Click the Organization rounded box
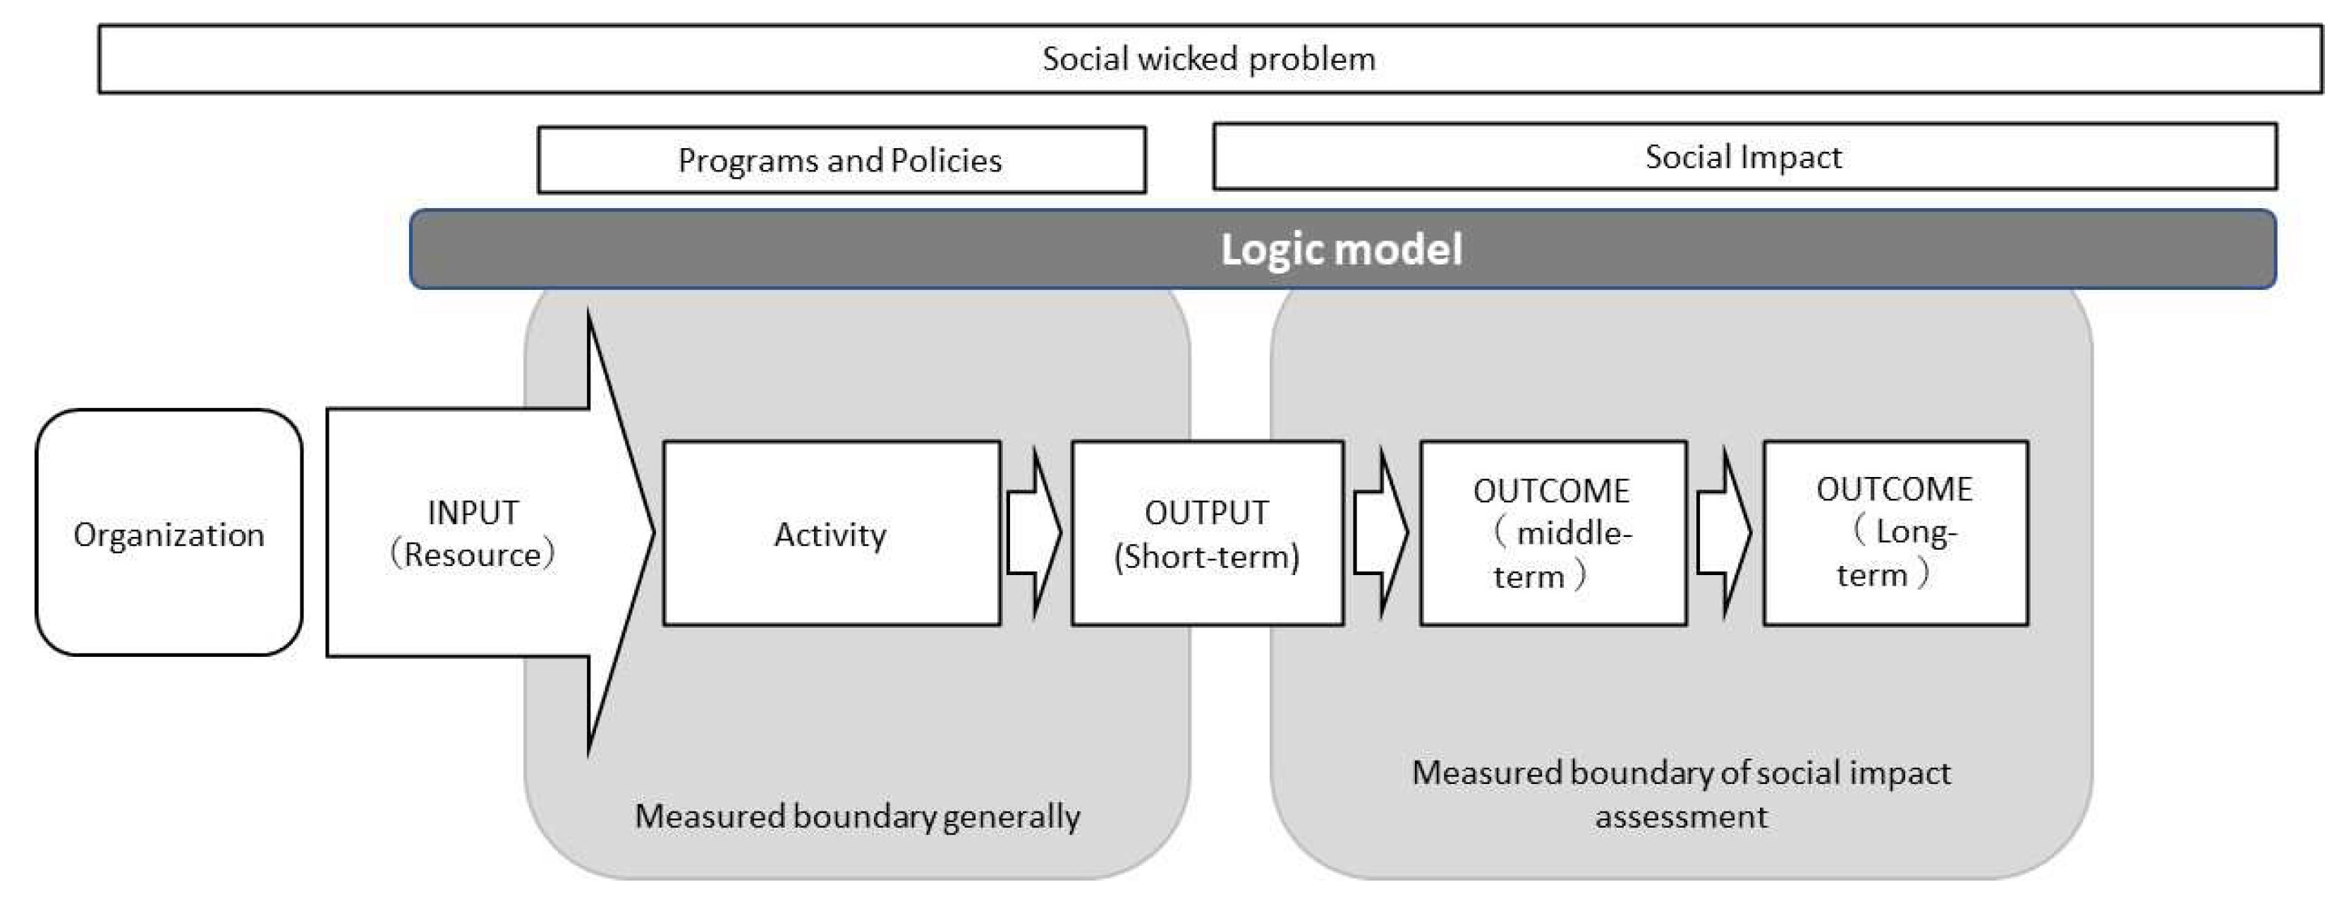point(169,533)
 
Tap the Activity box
point(830,533)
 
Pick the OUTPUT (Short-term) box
point(1206,533)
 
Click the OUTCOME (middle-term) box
point(1553,533)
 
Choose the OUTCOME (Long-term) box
point(1895,533)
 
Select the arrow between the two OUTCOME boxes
point(1724,533)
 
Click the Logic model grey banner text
point(1342,249)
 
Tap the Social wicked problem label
point(1208,59)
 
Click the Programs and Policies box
point(841,159)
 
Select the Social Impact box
point(1743,157)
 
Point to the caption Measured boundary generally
point(857,816)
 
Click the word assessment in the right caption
point(1681,816)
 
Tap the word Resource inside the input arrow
point(473,555)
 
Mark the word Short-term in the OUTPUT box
point(1206,557)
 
